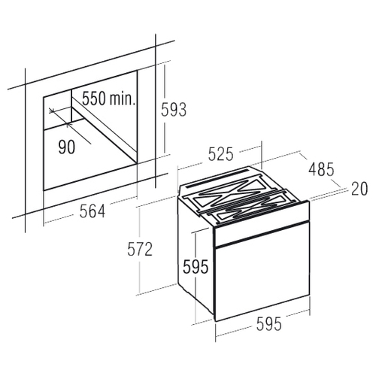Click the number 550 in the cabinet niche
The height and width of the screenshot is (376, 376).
coord(93,98)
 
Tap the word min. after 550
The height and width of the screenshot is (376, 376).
coord(122,98)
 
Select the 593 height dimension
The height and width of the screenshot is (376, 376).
coord(174,110)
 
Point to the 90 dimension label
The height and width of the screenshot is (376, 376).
coord(67,147)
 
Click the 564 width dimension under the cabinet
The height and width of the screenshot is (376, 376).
coord(92,211)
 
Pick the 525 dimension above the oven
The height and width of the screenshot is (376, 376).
coord(221,153)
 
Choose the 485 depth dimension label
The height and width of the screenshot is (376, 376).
coord(321,169)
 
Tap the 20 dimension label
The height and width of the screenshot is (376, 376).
coord(359,189)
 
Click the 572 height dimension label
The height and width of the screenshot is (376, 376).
coord(140,249)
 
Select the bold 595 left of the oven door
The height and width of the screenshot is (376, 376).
coord(196,266)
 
